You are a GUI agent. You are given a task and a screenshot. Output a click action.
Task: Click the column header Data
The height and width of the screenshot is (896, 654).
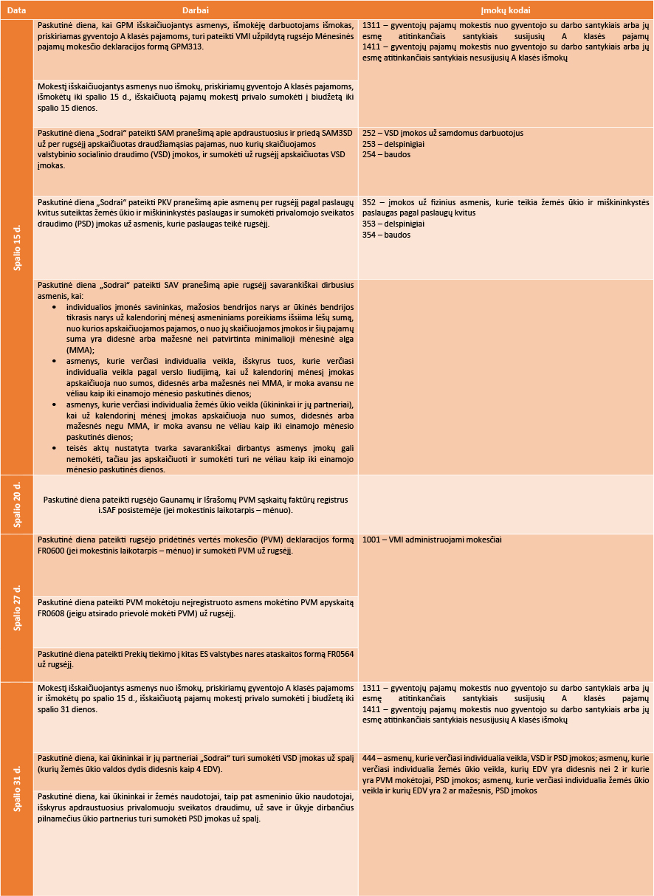click(16, 10)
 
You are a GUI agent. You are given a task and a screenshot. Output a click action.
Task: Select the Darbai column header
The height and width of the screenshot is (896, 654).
click(196, 10)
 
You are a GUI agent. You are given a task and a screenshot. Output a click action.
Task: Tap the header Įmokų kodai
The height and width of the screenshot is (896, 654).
click(506, 10)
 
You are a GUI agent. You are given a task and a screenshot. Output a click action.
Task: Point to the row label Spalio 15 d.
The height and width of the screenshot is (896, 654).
click(17, 247)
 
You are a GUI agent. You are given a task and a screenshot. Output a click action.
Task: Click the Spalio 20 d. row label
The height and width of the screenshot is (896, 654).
click(17, 503)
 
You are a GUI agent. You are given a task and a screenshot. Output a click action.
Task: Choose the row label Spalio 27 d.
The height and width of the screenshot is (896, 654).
click(17, 607)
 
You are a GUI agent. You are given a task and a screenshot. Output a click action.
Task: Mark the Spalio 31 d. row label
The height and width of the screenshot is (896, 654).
click(17, 788)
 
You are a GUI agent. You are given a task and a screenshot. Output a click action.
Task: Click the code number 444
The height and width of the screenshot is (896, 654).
click(371, 758)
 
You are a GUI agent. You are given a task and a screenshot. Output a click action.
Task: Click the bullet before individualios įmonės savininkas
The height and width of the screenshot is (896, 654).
click(56, 306)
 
